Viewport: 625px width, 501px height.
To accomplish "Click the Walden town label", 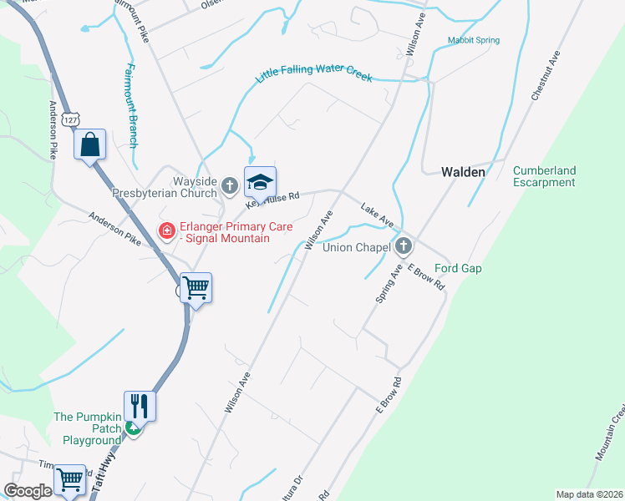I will (x=463, y=172).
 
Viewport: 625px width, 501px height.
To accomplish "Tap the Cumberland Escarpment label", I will (x=544, y=176).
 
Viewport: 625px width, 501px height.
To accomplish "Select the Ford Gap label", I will (x=458, y=269).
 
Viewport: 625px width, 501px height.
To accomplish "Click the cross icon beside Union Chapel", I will (x=404, y=245).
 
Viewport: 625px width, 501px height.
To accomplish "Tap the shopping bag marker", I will (x=89, y=145).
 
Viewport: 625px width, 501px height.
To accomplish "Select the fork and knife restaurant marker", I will (x=140, y=407).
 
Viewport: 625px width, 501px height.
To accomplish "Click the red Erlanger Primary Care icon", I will (x=167, y=230).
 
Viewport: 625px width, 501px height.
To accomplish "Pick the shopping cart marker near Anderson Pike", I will (x=196, y=289).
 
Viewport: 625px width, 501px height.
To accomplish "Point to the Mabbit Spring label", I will (x=473, y=40).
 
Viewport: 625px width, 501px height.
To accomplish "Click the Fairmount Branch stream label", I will (x=131, y=106).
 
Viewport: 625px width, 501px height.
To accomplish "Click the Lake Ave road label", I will (x=377, y=214).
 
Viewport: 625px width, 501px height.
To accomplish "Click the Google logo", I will (x=28, y=491).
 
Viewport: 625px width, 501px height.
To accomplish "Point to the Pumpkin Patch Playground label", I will (x=88, y=428).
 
